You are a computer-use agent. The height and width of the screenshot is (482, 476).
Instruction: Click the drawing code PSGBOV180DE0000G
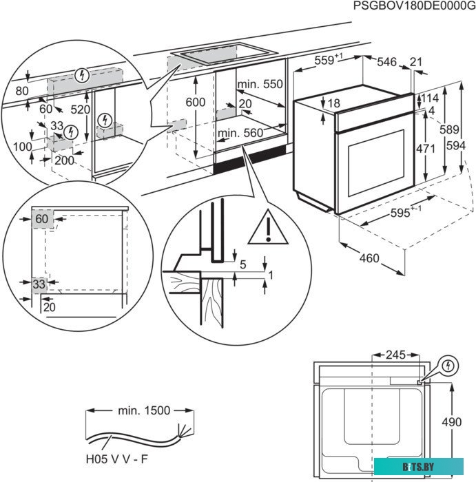[x=413, y=6]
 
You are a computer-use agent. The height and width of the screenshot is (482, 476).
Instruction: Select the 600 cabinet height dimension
[x=196, y=102]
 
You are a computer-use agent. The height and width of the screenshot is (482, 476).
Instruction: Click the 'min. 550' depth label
[x=260, y=84]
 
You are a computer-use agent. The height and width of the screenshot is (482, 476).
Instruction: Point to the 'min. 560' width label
[x=240, y=132]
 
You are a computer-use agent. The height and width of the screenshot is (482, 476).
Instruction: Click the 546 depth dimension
[x=387, y=63]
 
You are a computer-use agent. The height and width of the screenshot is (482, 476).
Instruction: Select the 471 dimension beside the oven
[x=430, y=148]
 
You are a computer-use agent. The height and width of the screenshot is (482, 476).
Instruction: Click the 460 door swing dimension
[x=369, y=259]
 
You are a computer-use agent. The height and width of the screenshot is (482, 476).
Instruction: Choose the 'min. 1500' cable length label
[x=143, y=410]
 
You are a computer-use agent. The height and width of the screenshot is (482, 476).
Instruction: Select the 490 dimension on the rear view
[x=451, y=422]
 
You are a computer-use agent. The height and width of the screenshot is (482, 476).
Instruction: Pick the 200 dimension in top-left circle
[x=64, y=160]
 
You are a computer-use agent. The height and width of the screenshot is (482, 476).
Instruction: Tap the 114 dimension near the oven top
[x=429, y=98]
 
